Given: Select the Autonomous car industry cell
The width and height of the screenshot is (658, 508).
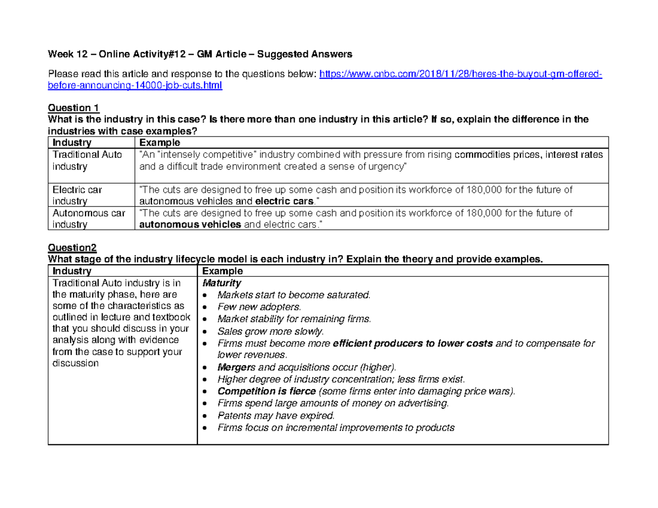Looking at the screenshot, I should [x=88, y=219].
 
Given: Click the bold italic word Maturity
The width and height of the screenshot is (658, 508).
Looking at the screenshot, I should [x=222, y=283].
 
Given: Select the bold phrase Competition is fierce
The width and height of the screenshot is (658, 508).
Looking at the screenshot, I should [x=266, y=391].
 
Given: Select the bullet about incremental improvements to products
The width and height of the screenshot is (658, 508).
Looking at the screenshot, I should [x=336, y=427].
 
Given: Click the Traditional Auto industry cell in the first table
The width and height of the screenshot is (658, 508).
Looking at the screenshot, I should [x=87, y=160].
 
